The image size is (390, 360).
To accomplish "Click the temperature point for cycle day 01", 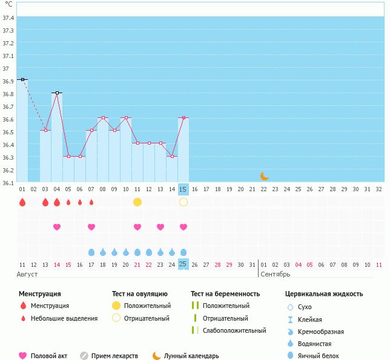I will coord(22,79).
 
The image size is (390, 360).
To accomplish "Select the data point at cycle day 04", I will coord(57,93).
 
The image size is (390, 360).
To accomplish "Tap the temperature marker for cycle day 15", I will coord(183,118).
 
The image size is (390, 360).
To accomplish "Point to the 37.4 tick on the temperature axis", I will coord(8,18).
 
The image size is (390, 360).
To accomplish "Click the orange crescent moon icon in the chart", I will coord(264,176).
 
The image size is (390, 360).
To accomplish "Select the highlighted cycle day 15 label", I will coord(183,189).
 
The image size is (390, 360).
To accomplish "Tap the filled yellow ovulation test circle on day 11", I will coord(137,202).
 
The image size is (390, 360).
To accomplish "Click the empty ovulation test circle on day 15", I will coord(183,202).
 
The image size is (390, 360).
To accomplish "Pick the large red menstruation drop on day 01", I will coord(22,202).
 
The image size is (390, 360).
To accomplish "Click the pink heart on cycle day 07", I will coord(91,227).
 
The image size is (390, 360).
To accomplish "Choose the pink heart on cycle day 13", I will coord(160,227).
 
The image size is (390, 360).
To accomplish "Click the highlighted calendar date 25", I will coord(183,264).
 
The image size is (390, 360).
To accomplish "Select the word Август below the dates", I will coord(28,274).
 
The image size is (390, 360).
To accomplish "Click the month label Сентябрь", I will coord(275,274).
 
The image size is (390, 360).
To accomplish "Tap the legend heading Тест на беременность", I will coord(225,294).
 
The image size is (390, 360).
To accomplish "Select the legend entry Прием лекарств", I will coord(114,356).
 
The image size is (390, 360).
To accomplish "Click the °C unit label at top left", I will coord(8,4).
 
